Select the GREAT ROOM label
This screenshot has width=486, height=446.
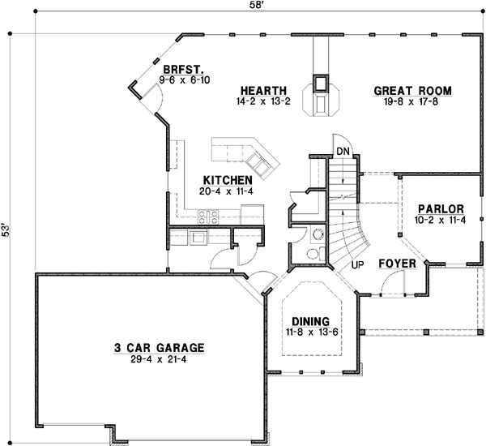pos(412,91)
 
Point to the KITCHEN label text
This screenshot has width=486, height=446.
pos(228,180)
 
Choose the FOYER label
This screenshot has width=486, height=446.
pos(398,264)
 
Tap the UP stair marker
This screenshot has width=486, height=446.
pos(356,264)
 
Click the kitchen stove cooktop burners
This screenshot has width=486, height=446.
pos(208,216)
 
